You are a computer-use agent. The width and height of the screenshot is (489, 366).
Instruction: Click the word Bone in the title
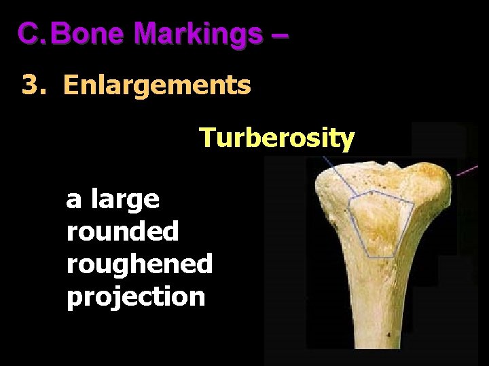point(86,33)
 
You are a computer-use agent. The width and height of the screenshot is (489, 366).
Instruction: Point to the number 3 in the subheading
point(29,86)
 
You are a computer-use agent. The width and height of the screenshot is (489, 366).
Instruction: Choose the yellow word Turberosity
point(276,138)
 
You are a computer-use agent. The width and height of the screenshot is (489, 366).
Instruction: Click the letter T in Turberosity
point(206,138)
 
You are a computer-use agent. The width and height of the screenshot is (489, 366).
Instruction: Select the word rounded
point(122,232)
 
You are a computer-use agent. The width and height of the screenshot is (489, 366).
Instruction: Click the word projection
point(135,297)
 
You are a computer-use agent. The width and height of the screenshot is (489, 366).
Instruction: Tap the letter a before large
point(72,201)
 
